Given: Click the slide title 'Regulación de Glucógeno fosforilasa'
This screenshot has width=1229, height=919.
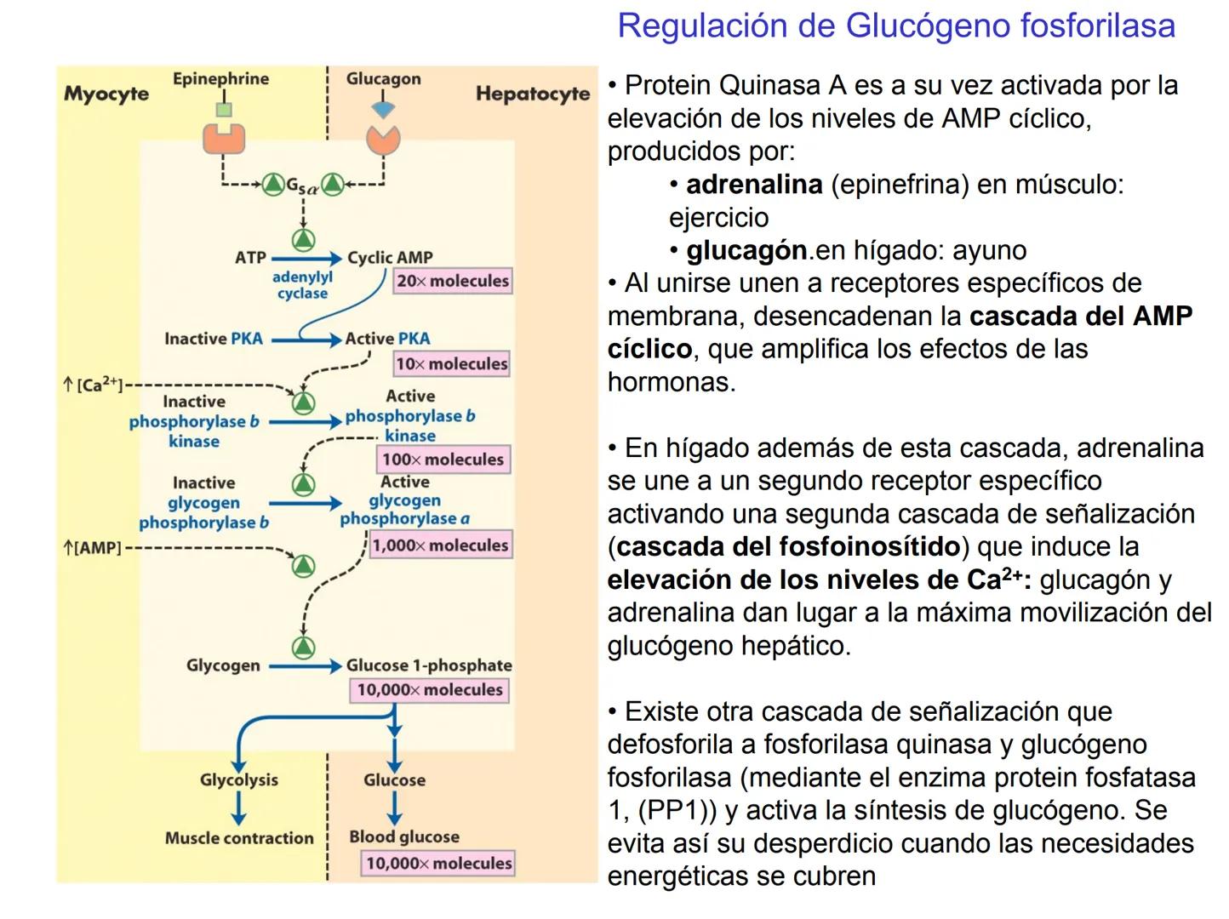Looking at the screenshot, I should (895, 26).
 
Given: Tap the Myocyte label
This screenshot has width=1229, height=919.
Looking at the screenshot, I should (106, 94).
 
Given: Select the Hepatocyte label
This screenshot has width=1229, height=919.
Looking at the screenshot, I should (532, 94).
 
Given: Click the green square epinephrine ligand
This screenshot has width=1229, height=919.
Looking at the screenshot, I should (224, 110).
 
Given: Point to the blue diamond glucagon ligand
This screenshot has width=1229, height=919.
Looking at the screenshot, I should (383, 111).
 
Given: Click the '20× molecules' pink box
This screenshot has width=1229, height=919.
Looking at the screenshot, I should (452, 281).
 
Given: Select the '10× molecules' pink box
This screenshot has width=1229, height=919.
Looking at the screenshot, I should (451, 364).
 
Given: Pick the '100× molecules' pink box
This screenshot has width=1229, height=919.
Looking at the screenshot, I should (443, 459).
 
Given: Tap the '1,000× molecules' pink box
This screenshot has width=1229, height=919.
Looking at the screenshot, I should (440, 545).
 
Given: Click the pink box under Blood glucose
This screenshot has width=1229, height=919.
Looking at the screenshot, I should (438, 863).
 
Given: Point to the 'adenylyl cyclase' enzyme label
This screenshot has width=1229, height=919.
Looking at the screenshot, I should (302, 285).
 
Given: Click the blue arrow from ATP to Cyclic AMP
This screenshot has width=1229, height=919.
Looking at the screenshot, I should (306, 258).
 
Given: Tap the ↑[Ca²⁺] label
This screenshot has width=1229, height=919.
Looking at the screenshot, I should (93, 385).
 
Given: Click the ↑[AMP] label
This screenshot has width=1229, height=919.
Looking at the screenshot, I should (93, 548).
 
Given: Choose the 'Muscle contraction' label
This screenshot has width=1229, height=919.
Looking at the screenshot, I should (239, 838).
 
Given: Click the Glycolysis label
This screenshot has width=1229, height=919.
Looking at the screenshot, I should (238, 779).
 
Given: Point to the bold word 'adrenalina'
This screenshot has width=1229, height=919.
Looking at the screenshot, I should (754, 185).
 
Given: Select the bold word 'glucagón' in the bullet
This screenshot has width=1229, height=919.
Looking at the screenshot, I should (746, 250).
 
